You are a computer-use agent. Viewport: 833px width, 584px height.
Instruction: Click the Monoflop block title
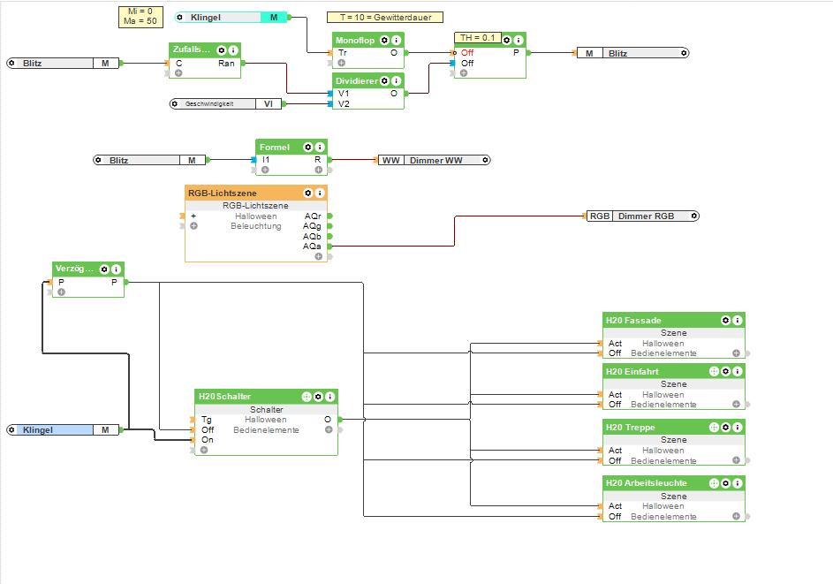[355, 40]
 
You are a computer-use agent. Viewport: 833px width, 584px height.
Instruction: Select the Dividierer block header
[356, 80]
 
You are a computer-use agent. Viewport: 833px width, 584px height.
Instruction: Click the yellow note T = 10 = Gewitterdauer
[384, 17]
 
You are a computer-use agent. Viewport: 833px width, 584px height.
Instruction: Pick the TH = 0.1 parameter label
[478, 38]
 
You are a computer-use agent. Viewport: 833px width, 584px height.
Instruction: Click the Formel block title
[275, 147]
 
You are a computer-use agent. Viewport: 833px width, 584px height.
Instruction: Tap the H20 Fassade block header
[633, 320]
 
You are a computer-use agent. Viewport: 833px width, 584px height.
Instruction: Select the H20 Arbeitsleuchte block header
[646, 483]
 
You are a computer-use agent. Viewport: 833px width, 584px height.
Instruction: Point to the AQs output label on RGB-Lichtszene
[313, 246]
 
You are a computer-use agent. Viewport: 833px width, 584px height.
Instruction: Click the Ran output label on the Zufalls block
[226, 63]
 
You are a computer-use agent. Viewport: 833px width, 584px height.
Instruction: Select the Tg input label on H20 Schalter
[206, 420]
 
